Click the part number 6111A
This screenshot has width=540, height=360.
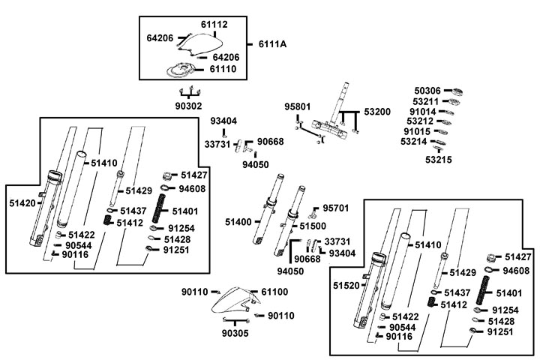[x=272, y=44]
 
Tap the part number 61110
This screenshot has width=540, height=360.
[x=223, y=68]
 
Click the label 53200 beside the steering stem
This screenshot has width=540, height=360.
[x=378, y=111]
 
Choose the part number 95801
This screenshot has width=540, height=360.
[x=298, y=107]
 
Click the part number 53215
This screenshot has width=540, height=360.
[x=439, y=160]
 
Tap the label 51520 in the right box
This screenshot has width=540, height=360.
[x=347, y=286]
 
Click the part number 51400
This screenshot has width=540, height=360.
[x=238, y=222]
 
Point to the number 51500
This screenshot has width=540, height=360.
[x=313, y=225]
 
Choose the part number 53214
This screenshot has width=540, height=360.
[x=415, y=141]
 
